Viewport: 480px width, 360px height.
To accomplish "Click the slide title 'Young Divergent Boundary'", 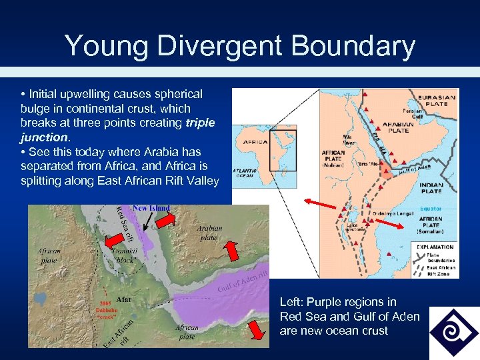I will [x=240, y=46].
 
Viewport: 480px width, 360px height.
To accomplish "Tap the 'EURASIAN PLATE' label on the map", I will [x=437, y=101].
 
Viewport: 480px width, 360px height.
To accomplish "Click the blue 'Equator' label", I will [x=431, y=209].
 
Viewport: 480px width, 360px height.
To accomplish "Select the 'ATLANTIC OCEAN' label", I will [x=244, y=173].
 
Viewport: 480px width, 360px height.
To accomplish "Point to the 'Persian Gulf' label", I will [x=413, y=113].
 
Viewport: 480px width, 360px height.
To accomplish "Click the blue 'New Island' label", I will [x=151, y=209].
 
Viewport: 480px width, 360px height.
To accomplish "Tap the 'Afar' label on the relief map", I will [x=124, y=299].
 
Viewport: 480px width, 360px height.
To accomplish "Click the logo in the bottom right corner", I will [x=453, y=332].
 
